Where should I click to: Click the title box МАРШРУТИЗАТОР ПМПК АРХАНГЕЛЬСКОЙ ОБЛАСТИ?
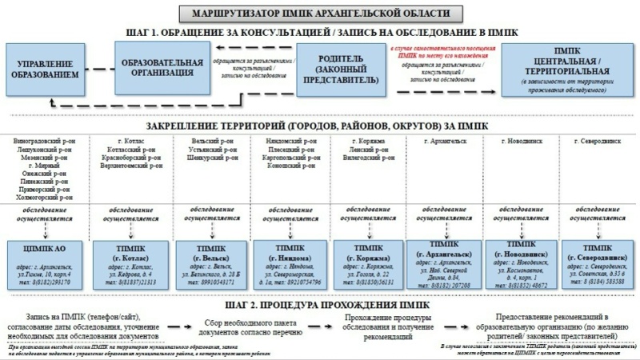tap(320, 14)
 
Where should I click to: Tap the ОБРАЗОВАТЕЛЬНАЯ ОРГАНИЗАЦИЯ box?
tap(156, 69)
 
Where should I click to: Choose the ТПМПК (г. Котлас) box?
tap(124, 262)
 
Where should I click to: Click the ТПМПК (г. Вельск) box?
tap(203, 262)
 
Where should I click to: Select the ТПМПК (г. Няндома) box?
tap(283, 262)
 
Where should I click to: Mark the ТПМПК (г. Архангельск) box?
tap(442, 262)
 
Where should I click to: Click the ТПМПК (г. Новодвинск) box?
tap(521, 262)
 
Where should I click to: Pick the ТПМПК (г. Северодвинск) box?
tap(599, 262)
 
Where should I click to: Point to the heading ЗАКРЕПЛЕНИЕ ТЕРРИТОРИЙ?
tap(320, 128)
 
